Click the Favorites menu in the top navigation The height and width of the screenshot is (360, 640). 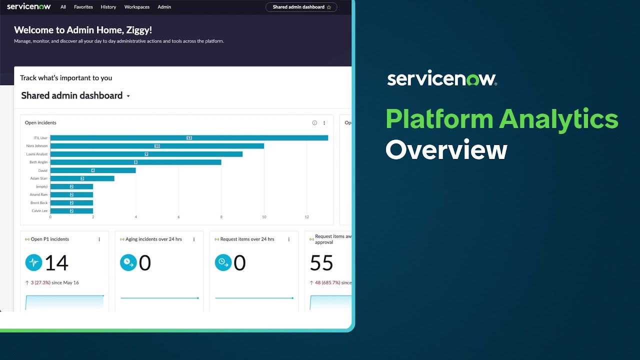pyautogui.click(x=83, y=7)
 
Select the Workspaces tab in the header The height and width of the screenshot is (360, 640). pyautogui.click(x=137, y=7)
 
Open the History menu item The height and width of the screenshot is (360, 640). pyautogui.click(x=108, y=7)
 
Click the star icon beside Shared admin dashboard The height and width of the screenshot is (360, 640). pyautogui.click(x=329, y=7)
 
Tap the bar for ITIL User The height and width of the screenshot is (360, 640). pyautogui.click(x=189, y=138)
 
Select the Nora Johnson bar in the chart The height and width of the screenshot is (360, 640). pyautogui.click(x=157, y=146)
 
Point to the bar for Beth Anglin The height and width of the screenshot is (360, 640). pyautogui.click(x=135, y=162)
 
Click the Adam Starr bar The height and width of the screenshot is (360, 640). pyautogui.click(x=82, y=178)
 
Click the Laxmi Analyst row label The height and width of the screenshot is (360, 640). pyautogui.click(x=37, y=154)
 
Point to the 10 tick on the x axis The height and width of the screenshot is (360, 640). pyautogui.click(x=264, y=217)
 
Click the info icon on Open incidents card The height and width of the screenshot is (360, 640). pyautogui.click(x=314, y=123)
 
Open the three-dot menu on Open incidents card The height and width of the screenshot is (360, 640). pyautogui.click(x=324, y=123)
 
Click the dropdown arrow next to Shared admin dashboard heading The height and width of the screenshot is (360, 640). pyautogui.click(x=128, y=96)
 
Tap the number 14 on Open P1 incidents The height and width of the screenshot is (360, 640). pyautogui.click(x=56, y=263)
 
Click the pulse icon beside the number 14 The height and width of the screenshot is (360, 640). pyautogui.click(x=33, y=263)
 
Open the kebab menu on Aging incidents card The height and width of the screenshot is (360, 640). pyautogui.click(x=194, y=239)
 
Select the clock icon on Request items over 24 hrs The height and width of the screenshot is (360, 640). pyautogui.click(x=223, y=263)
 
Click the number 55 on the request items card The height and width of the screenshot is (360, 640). pyautogui.click(x=321, y=263)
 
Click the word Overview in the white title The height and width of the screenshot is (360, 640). pyautogui.click(x=446, y=149)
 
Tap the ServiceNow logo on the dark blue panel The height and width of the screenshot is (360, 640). pyautogui.click(x=442, y=79)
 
